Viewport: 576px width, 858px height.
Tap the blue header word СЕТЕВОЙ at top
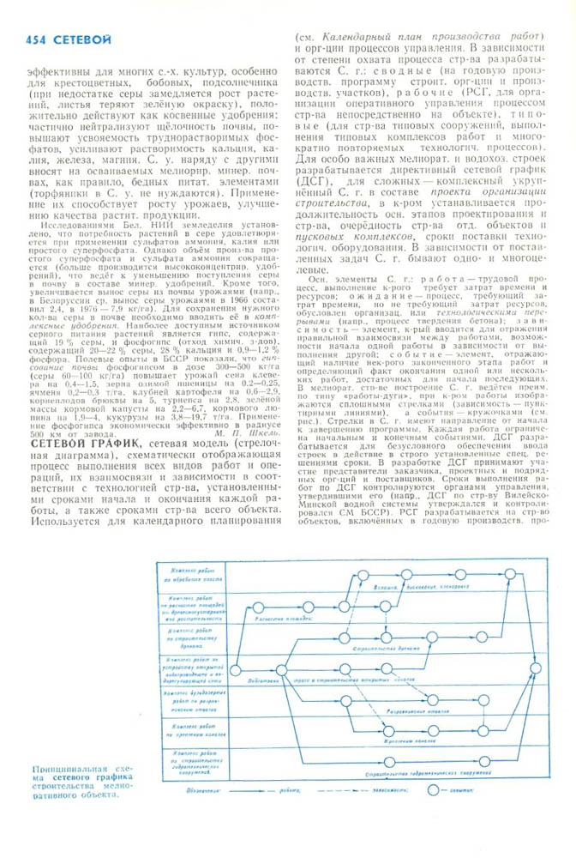81,39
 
